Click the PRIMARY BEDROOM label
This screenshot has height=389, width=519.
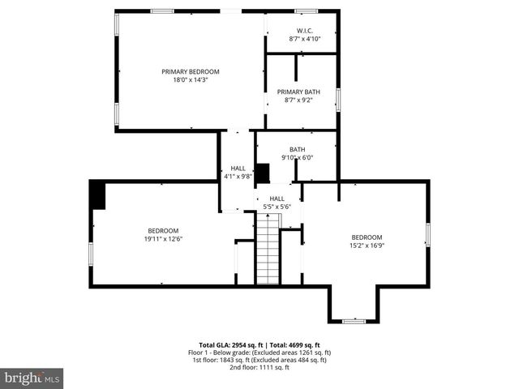coord(190,71)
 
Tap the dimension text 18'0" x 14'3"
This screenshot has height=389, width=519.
coord(190,79)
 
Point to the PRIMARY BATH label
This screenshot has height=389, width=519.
coord(298,92)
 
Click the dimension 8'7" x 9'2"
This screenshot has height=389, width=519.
coord(298,100)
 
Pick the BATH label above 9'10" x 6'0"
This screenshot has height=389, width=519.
coord(298,149)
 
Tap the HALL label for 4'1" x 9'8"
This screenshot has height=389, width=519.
coord(238,168)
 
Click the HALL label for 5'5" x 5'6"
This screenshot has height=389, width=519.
coord(277,199)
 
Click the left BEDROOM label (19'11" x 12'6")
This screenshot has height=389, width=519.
coord(162,230)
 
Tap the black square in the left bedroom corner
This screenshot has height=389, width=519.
coord(97,195)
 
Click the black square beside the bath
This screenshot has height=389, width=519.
coord(262,173)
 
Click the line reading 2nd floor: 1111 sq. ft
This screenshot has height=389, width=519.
coord(259,368)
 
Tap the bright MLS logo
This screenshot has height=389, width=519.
coord(32,378)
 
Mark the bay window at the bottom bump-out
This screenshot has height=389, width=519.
coord(354,322)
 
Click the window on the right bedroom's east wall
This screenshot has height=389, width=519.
coord(427,234)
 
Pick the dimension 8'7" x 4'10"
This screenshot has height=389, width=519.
coord(305,39)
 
